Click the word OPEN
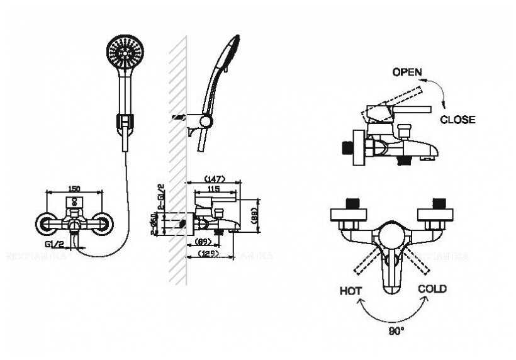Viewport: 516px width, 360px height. click(407, 72)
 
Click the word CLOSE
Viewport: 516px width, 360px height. click(457, 120)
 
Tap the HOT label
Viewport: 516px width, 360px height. click(351, 291)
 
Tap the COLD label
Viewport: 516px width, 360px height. click(432, 289)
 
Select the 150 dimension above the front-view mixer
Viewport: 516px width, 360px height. click(74, 188)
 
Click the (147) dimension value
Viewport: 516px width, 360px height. click(214, 179)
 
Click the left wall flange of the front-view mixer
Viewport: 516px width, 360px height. click(46, 222)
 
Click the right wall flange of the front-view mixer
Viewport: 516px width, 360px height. click(103, 222)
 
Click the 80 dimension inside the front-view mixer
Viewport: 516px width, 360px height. click(74, 203)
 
